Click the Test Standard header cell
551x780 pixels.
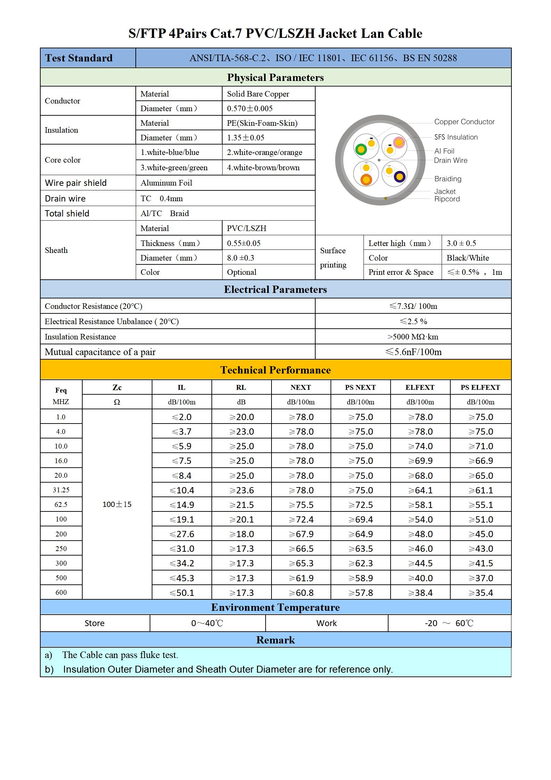[78, 58]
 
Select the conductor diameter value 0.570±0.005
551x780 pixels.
[250, 108]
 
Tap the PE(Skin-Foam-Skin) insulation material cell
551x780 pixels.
[262, 123]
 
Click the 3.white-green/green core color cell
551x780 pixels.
[174, 167]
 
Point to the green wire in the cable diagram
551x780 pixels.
[361, 149]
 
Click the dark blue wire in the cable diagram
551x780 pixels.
[400, 176]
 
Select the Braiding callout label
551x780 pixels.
[448, 179]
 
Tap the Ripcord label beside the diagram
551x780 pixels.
[447, 199]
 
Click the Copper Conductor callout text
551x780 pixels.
[464, 122]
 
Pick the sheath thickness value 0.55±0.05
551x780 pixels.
[243, 243]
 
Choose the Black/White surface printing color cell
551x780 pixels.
[467, 258]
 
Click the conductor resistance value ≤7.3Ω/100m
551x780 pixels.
[413, 306]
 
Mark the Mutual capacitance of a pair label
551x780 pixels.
[100, 352]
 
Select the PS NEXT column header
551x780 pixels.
[360, 387]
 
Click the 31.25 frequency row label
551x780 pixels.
[61, 490]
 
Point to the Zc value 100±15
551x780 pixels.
[117, 504]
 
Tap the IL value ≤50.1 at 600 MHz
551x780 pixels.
[182, 593]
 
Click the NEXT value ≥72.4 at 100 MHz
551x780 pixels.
[301, 519]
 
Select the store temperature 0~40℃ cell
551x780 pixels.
[207, 623]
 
